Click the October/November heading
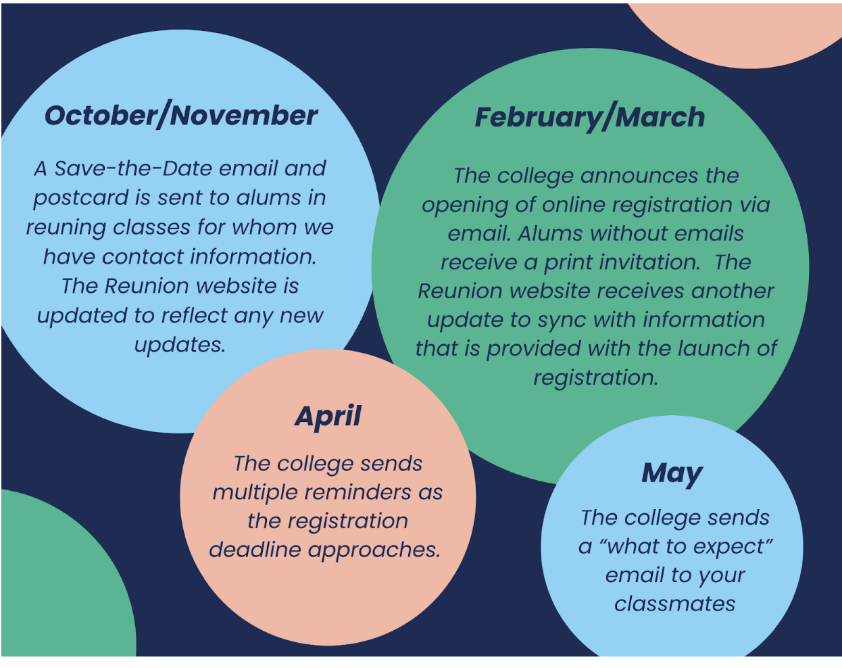coord(180,116)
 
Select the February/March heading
coord(590,117)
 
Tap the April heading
coord(328,417)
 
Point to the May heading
coord(672,474)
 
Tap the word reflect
coord(194,316)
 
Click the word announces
coord(639,176)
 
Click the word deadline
coord(255,550)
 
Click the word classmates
coord(674,604)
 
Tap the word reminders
coord(357,493)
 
